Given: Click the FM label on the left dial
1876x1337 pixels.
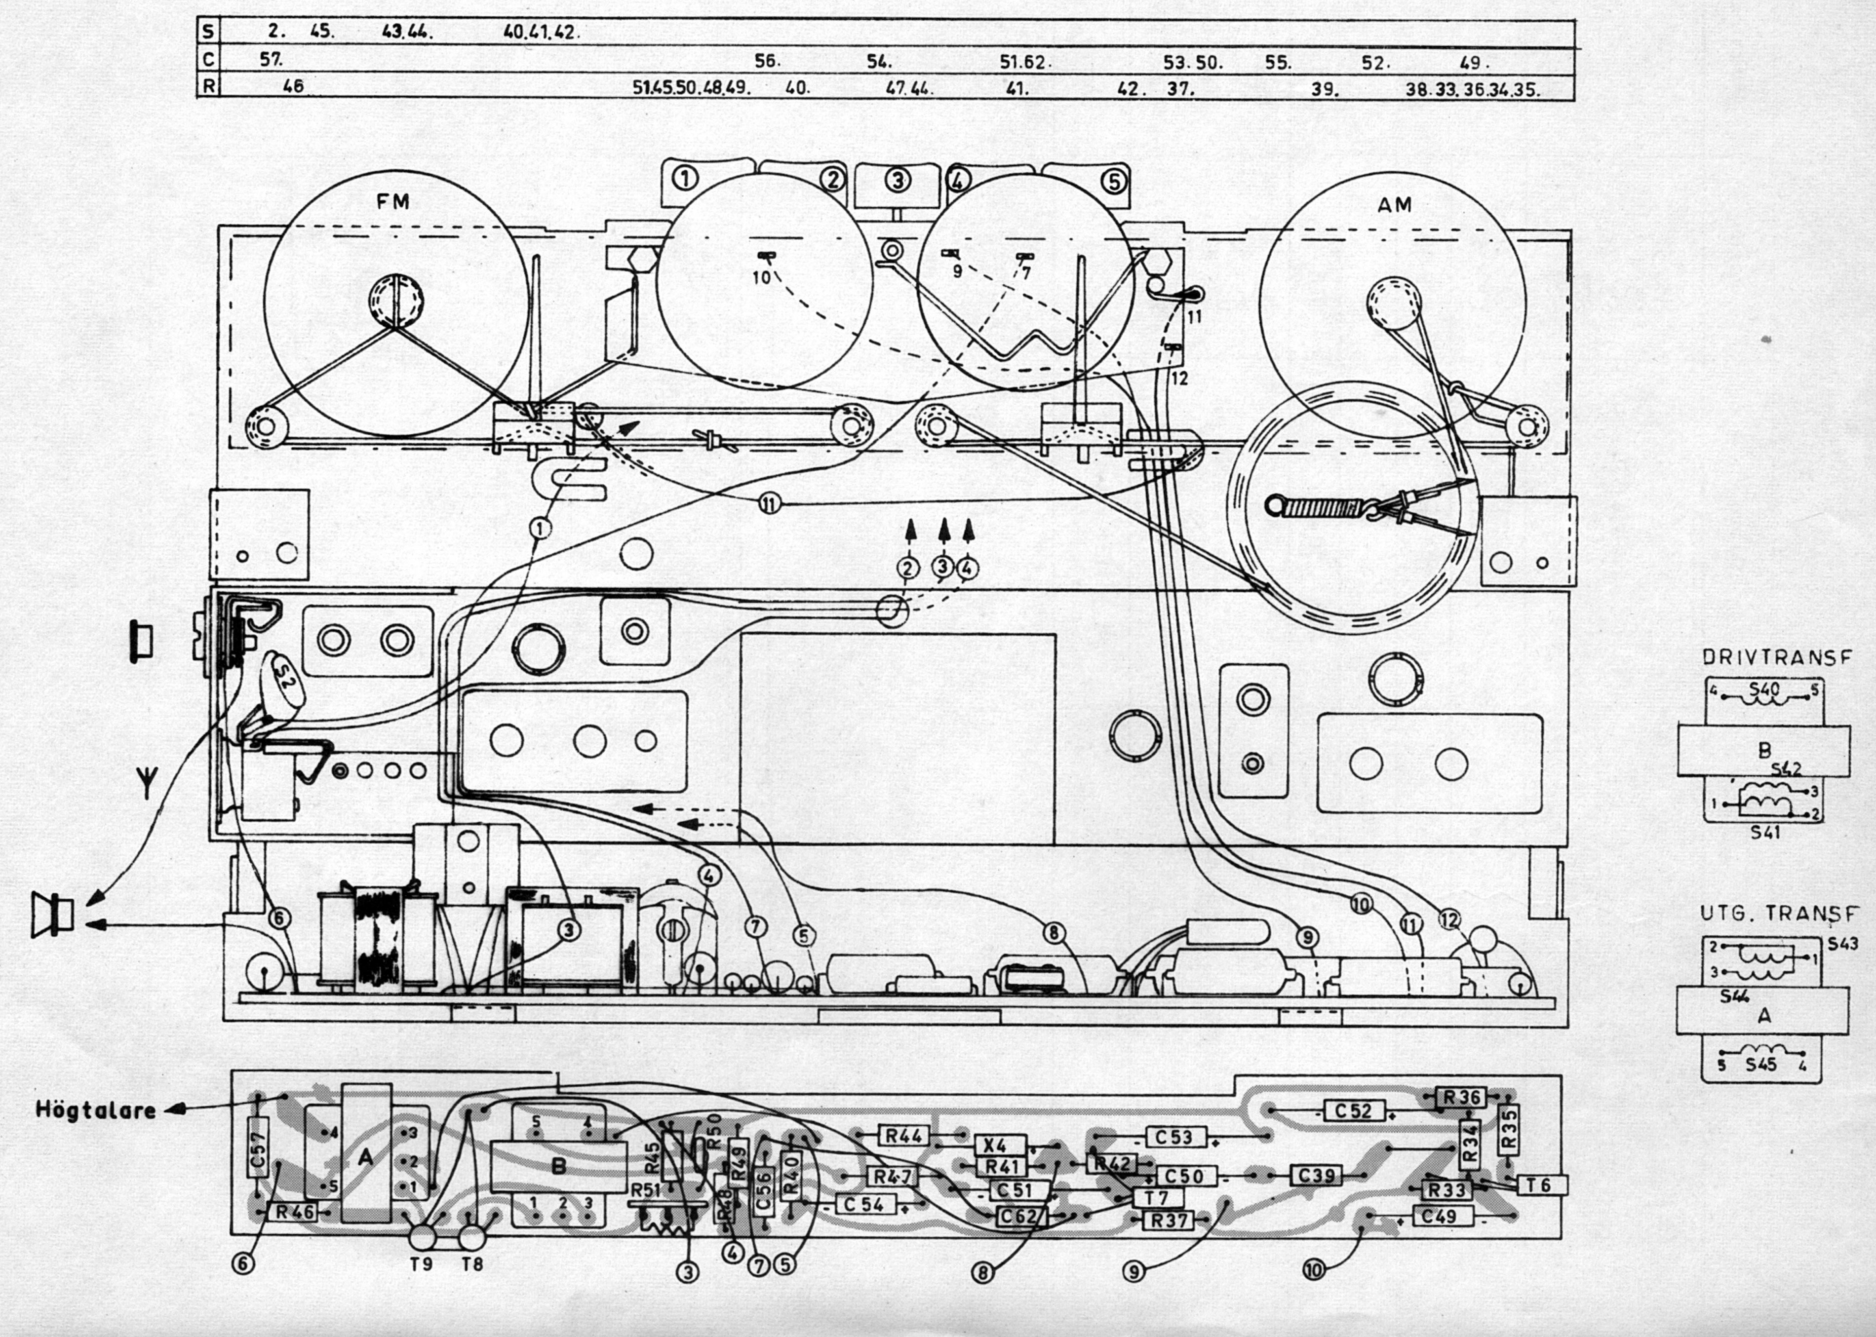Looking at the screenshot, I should tap(393, 202).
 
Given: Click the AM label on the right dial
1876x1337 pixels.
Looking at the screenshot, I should tap(1394, 204).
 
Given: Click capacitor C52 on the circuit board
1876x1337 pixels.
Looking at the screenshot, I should tap(1355, 1110).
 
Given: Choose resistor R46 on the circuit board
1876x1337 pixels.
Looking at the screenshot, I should tap(295, 1212).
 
